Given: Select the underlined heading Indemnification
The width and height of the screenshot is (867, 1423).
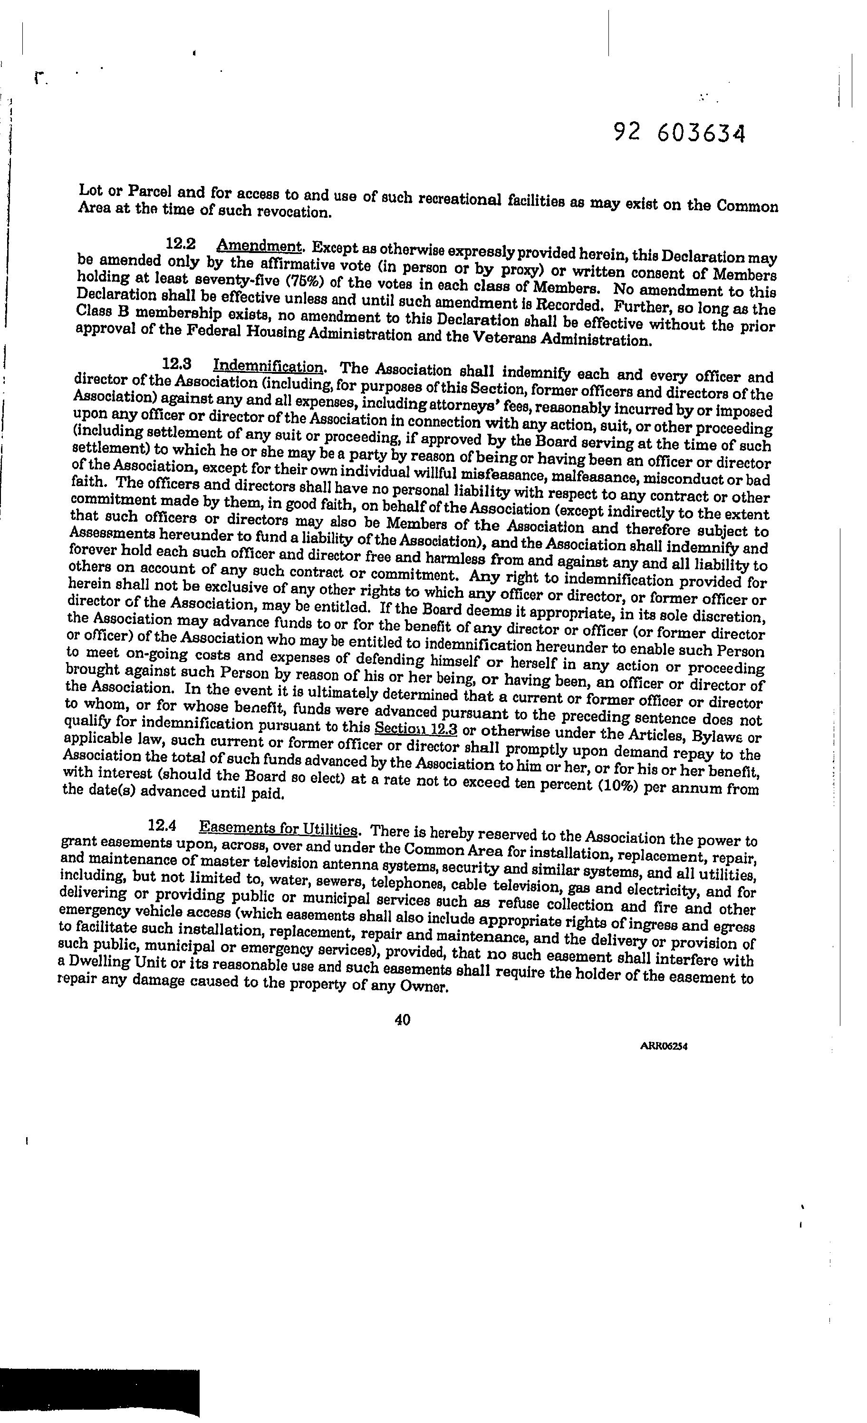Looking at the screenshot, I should tap(268, 366).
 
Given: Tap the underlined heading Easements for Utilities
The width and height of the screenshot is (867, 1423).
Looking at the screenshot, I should tap(278, 829).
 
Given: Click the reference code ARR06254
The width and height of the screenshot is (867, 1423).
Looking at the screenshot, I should tap(664, 1046).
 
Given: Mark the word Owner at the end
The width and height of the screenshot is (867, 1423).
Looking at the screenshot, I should tap(423, 987).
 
